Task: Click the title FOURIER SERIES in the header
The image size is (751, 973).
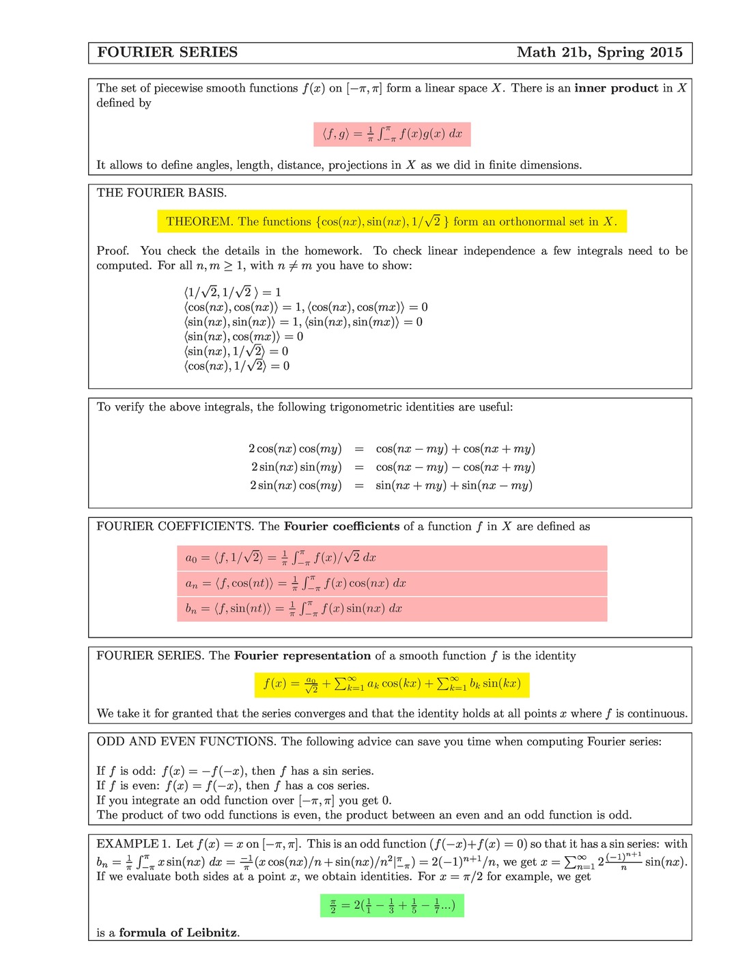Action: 167,53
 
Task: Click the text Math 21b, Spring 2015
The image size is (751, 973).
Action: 599,53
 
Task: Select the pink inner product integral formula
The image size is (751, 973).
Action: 392,134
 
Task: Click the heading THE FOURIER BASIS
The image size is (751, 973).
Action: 161,193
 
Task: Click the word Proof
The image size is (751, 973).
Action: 112,251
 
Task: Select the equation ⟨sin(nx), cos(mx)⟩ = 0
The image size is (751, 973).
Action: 243,336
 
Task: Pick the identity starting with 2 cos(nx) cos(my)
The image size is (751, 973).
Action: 391,449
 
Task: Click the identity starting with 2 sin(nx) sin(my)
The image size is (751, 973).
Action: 391,467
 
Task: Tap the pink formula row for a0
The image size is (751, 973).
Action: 392,558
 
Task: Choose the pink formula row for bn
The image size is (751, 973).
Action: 392,609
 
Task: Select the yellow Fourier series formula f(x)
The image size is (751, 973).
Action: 392,684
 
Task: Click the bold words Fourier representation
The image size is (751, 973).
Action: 302,656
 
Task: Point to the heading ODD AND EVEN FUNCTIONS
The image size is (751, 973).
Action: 186,741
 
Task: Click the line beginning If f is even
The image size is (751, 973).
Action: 233,786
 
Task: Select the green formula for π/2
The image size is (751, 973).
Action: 392,906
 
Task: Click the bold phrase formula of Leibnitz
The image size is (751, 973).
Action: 179,933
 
